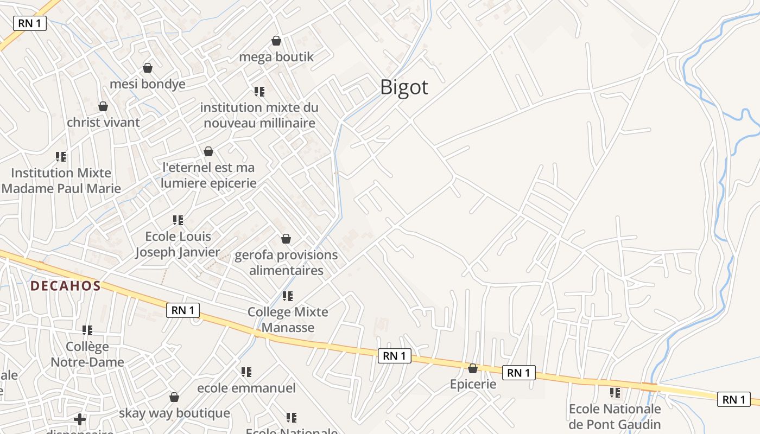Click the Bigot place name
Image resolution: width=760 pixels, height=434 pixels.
click(x=404, y=87)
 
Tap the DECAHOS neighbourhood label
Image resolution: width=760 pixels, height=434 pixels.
click(x=66, y=286)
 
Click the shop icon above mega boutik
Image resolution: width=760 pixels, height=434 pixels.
click(x=276, y=41)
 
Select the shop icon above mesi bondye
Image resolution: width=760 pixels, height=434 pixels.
click(x=147, y=68)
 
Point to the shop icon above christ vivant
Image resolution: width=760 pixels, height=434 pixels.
click(x=103, y=106)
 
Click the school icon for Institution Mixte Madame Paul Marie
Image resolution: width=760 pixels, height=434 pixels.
click(x=61, y=157)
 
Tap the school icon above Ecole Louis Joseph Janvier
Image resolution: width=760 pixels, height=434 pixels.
click(x=178, y=220)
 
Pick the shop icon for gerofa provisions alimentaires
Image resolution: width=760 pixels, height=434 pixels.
click(x=286, y=239)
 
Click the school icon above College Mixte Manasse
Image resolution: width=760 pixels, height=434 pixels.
click(x=288, y=296)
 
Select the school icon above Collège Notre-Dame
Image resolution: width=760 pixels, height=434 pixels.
click(x=87, y=330)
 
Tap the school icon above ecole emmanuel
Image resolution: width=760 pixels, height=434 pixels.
click(x=246, y=372)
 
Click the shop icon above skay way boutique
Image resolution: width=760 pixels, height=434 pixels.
click(x=174, y=397)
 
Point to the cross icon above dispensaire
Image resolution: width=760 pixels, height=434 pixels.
click(x=80, y=419)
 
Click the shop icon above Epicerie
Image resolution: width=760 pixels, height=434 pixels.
click(x=473, y=368)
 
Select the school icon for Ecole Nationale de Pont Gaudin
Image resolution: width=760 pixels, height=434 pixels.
click(x=615, y=392)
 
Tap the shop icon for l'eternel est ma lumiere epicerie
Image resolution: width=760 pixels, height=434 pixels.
click(x=208, y=151)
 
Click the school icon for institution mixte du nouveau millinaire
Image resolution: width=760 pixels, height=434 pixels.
click(x=259, y=92)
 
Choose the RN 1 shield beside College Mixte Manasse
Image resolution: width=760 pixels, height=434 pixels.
click(x=183, y=310)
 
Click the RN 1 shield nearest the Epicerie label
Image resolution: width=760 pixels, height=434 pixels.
click(x=519, y=373)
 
